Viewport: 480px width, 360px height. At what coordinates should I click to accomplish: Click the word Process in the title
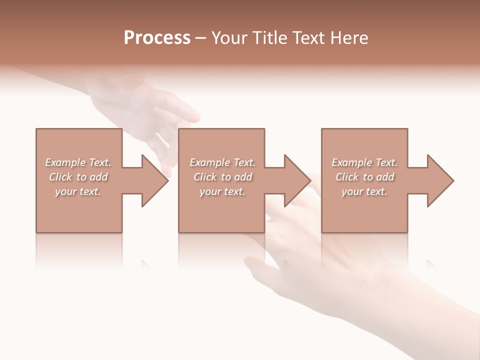tap(157, 38)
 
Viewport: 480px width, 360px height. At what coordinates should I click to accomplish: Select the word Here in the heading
tap(350, 38)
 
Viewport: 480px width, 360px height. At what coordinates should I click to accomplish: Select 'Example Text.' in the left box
tap(78, 162)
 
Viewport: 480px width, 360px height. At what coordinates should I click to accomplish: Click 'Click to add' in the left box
tap(78, 177)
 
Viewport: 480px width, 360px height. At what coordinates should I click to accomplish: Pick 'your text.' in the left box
tap(78, 191)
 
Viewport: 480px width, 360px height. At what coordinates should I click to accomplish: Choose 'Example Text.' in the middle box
tap(222, 162)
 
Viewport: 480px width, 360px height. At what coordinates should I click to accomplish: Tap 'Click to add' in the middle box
tap(222, 177)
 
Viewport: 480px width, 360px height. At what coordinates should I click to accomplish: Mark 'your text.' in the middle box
tap(222, 191)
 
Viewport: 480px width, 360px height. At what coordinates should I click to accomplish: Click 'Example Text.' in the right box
tap(364, 162)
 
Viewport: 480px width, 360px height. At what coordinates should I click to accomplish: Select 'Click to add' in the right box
tap(364, 177)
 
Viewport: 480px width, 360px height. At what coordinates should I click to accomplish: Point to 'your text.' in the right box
tap(364, 191)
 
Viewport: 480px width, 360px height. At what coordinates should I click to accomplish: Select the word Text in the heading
tap(309, 38)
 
